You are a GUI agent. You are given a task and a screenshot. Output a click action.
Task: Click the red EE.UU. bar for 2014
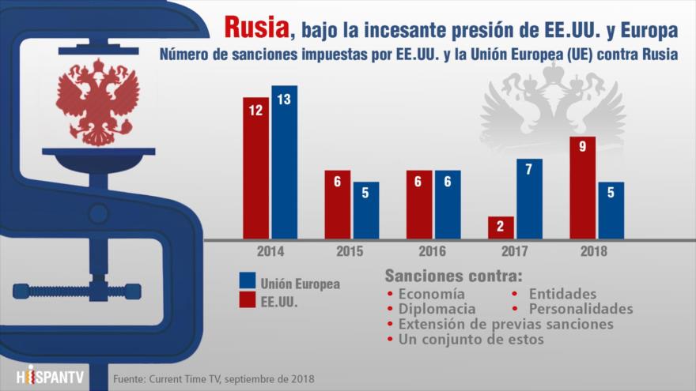(x=256, y=167)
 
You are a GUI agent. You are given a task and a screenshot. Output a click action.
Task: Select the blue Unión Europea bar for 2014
(x=284, y=161)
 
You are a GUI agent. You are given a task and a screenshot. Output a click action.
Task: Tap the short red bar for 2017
(x=501, y=227)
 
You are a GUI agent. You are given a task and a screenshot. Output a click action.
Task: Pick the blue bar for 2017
(x=529, y=198)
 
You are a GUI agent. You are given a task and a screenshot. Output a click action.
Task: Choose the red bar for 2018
(x=584, y=187)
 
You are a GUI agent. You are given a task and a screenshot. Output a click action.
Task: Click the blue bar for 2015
(x=365, y=210)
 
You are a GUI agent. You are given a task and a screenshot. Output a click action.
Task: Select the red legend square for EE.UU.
(x=247, y=301)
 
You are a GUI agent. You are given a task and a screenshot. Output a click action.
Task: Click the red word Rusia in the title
(x=255, y=28)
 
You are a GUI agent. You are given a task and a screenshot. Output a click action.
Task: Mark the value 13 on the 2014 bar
(x=284, y=99)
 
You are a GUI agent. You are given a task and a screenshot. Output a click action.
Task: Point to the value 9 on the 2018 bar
(x=584, y=147)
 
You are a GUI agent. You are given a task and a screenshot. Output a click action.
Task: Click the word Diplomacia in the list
(x=437, y=309)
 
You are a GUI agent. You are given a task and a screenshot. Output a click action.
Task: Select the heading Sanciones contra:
(x=453, y=276)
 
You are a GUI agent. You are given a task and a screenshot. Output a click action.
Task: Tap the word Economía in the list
(x=432, y=294)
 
